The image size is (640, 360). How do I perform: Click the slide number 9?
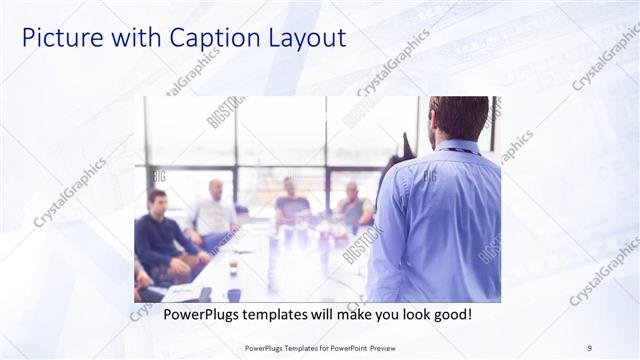point(589,347)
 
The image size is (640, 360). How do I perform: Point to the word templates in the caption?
point(287,314)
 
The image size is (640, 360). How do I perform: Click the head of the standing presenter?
point(459,118)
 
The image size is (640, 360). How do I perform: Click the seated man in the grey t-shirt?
point(291,204)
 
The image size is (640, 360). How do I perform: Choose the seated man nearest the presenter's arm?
point(354,205)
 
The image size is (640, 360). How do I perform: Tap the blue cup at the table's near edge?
point(234,294)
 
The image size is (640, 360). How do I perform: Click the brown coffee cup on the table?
point(232,268)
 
